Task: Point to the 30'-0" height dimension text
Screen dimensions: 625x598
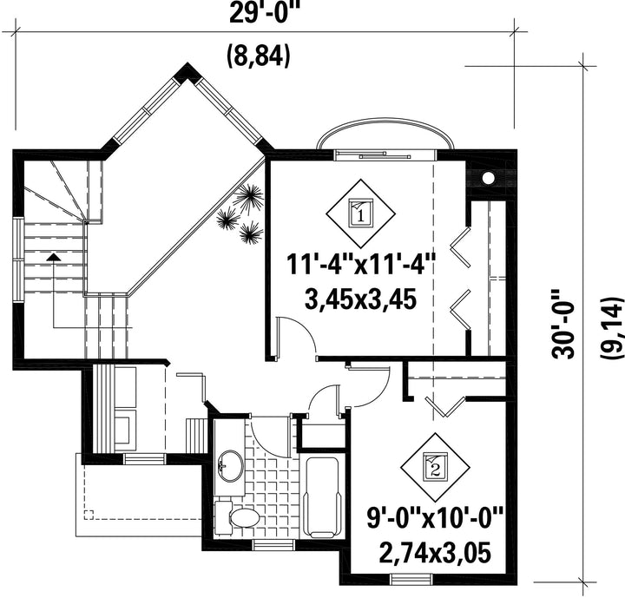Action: [x=563, y=324]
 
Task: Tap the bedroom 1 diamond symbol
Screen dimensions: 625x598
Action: [x=361, y=214]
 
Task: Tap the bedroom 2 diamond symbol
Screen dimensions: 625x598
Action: [x=435, y=467]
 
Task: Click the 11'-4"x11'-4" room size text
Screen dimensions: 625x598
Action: [x=361, y=265]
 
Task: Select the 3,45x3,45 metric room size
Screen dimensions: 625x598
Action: [x=361, y=299]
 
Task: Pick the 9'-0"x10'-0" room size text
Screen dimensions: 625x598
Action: [x=435, y=517]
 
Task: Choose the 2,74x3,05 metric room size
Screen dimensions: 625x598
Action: [x=435, y=553]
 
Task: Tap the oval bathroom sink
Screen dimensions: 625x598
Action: [x=230, y=466]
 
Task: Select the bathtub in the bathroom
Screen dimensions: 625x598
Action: [x=322, y=497]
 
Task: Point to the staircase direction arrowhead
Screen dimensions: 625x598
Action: [x=53, y=256]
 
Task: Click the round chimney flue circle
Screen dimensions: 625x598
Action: [x=488, y=177]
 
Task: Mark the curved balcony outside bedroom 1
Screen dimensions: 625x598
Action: [x=385, y=119]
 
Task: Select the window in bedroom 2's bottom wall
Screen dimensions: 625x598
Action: [x=411, y=579]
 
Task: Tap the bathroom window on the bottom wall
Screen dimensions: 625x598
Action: [x=273, y=544]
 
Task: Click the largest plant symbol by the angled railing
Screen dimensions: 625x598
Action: [x=249, y=198]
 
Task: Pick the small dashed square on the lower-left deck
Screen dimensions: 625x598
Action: [x=89, y=515]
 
